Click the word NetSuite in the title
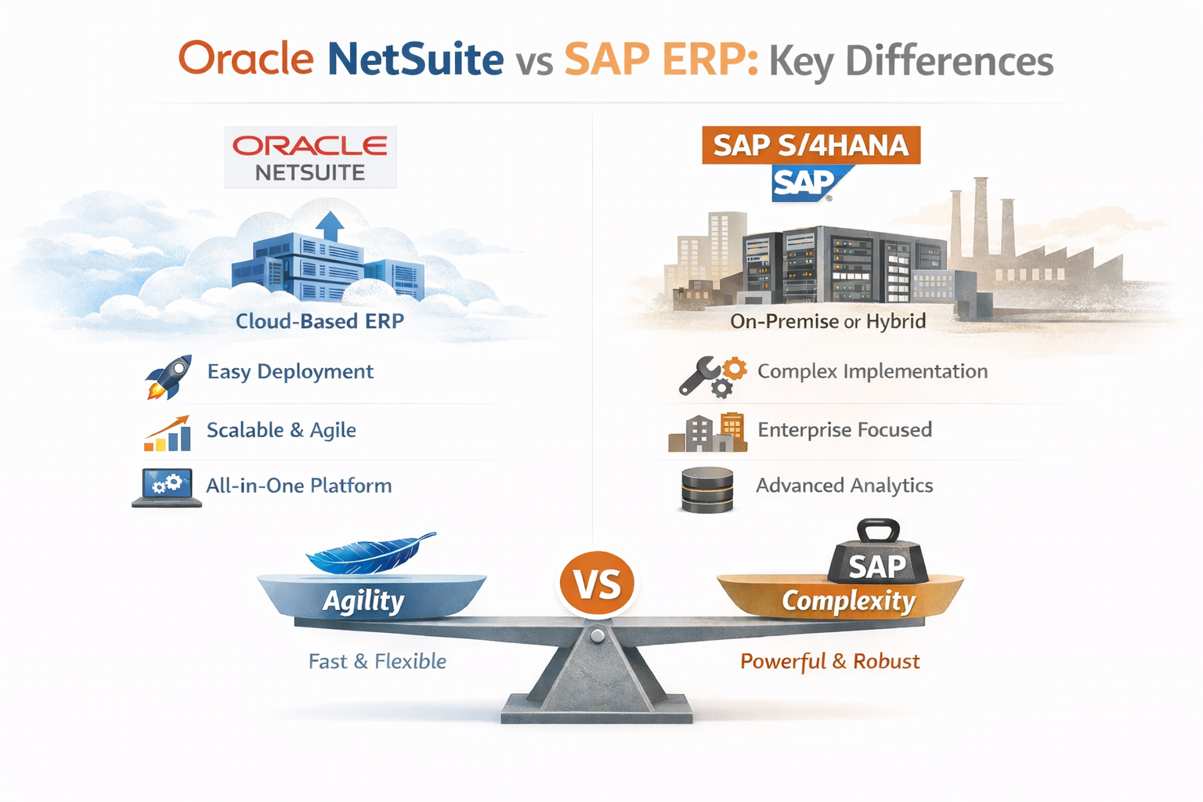click(x=415, y=60)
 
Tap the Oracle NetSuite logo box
click(x=310, y=157)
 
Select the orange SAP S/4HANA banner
click(x=811, y=146)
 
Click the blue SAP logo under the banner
click(x=807, y=183)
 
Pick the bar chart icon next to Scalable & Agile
click(x=168, y=433)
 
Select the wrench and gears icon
click(x=711, y=376)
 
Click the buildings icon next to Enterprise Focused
click(x=707, y=432)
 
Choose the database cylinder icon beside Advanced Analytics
click(x=707, y=490)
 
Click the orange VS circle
click(x=598, y=584)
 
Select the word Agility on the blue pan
click(x=363, y=601)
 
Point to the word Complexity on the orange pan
click(x=848, y=601)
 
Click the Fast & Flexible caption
click(x=377, y=662)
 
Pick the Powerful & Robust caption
click(x=829, y=662)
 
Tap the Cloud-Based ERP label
click(x=320, y=321)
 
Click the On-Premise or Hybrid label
click(x=828, y=321)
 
